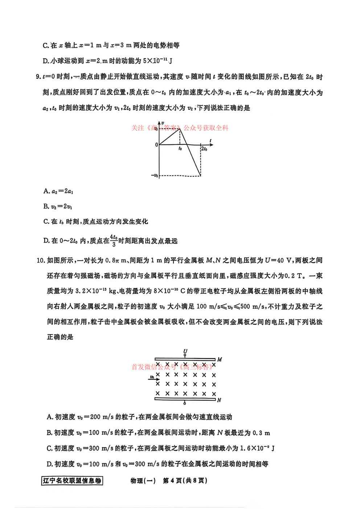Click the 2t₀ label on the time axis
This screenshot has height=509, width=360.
tap(204, 149)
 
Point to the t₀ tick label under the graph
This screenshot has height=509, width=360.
tap(180, 149)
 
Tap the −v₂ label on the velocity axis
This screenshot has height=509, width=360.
tap(155, 176)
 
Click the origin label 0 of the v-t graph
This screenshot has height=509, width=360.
tap(156, 145)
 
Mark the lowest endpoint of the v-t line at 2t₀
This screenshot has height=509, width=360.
tap(201, 176)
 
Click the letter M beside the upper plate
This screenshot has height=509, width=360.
tap(220, 360)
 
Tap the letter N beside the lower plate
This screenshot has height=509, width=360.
tap(219, 400)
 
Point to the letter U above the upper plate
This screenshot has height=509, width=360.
tap(185, 351)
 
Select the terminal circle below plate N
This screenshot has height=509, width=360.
tap(185, 403)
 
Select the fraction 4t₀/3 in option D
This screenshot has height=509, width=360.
tap(114, 241)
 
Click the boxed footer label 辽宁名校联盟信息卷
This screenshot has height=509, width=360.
tap(72, 481)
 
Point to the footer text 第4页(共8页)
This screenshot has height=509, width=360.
tap(185, 481)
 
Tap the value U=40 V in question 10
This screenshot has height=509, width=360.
tap(278, 260)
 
